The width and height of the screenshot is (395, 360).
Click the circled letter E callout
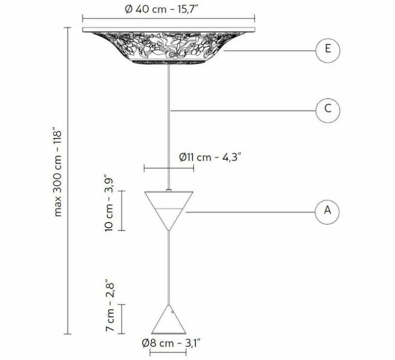[328, 50]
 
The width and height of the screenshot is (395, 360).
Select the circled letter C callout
[328, 110]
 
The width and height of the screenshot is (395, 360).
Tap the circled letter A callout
[327, 212]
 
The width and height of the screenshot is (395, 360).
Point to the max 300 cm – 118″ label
[58, 174]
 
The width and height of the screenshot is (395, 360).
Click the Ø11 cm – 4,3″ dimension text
[210, 158]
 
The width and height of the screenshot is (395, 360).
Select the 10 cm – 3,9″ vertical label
[109, 203]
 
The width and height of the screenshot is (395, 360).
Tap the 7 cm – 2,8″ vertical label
[110, 305]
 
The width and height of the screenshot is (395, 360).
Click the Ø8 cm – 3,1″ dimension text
[171, 343]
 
